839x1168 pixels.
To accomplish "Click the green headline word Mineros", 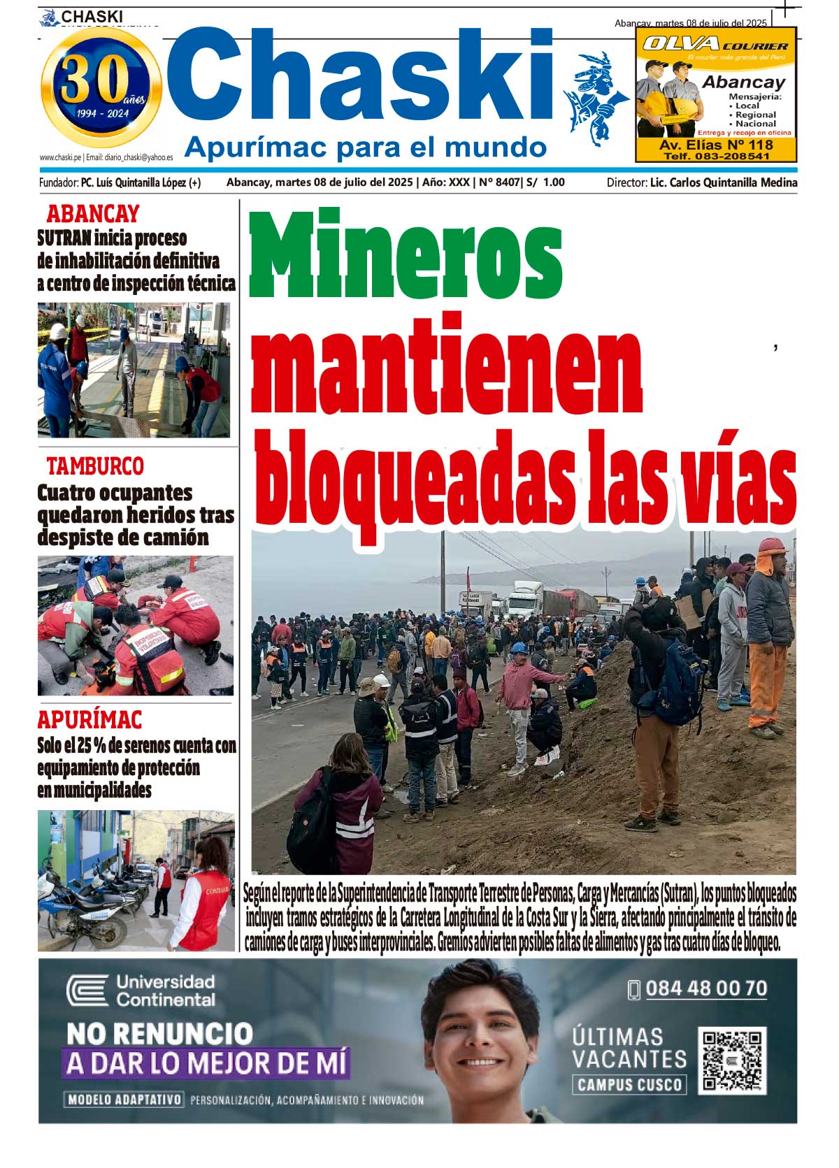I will coord(406,253).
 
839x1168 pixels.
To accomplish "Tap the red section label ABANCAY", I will coord(93,213).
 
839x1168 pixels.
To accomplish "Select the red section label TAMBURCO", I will coord(95,466).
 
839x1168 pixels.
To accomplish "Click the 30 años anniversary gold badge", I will coord(101,87).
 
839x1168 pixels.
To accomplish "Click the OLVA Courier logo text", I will coord(715,45).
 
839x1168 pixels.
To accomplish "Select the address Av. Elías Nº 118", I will coord(716,145).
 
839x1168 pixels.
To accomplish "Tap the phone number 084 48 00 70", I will coord(706,988).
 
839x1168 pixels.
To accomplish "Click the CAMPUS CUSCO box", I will coord(629,1085).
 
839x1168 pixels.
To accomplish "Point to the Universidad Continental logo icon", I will coord(87,991).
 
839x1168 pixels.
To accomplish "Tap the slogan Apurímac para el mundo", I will coord(365,147).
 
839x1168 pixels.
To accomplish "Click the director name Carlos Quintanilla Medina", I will coord(724,182).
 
